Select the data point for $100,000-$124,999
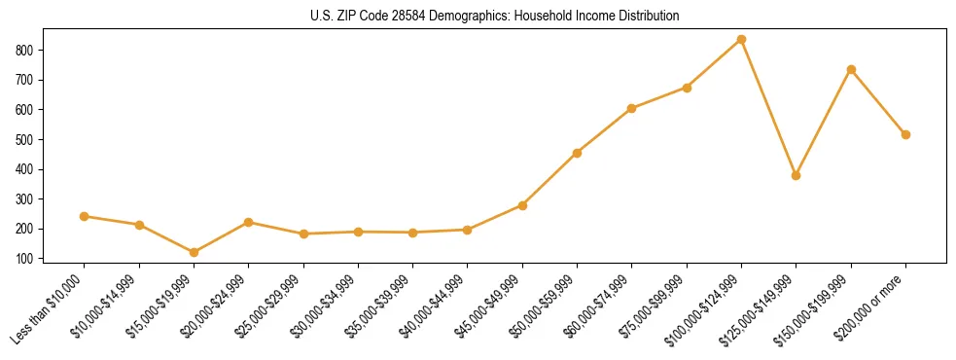[741, 39]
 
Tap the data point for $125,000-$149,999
[796, 175]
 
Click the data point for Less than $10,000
[85, 216]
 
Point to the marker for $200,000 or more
[905, 134]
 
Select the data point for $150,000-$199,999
[851, 69]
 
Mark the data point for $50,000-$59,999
[577, 153]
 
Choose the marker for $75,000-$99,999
[687, 88]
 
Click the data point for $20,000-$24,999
[249, 222]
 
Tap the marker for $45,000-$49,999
[522, 205]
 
